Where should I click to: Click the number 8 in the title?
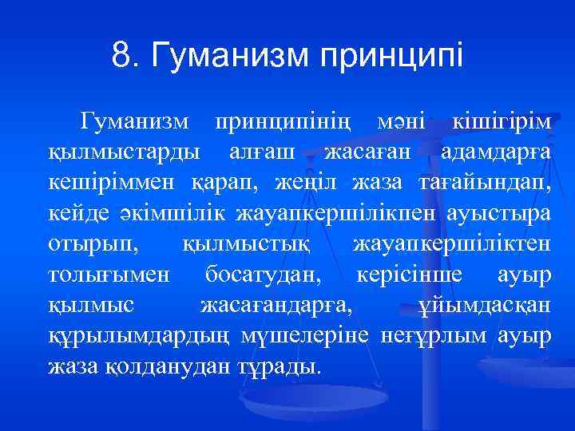(121, 56)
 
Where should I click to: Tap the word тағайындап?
(484, 183)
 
